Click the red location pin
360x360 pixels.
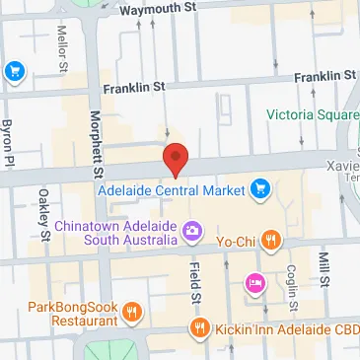175,159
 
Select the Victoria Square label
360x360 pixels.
312,113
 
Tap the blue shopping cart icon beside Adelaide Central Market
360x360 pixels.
260,187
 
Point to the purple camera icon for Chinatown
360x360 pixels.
192,233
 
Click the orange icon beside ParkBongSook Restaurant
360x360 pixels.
132,315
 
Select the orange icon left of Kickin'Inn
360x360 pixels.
200,327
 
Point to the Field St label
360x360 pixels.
195,282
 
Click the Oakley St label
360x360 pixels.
44,215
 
